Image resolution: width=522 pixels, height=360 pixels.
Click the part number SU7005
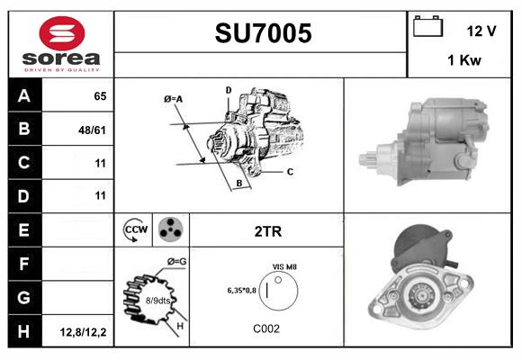pos(262,33)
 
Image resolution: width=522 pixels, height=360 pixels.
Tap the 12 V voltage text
pos(481,31)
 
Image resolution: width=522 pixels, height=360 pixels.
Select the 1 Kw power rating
pos(463,60)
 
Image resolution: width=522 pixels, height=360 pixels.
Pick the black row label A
pos(24,95)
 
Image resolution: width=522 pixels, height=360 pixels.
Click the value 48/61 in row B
pos(92,130)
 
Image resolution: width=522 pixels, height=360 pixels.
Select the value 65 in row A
pos(99,95)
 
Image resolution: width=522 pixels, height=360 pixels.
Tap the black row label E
pos(24,231)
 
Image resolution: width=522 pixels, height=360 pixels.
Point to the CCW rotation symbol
pos(134,231)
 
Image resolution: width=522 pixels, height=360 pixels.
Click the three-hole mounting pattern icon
pos(170,231)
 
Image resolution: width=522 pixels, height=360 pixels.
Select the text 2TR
pos(268,231)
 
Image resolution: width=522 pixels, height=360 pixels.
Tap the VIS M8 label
pos(284,267)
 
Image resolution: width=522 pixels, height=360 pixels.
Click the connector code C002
pos(266,329)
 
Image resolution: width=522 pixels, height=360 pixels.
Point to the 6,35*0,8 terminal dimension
pos(241,291)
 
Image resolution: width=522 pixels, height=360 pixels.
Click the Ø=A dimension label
pos(174,98)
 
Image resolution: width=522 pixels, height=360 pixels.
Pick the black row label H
pos(24,332)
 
